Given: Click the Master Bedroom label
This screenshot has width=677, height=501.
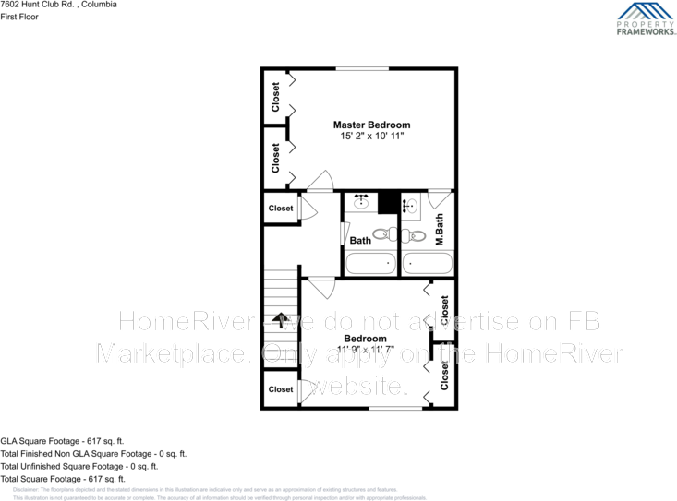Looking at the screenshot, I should click(x=371, y=125).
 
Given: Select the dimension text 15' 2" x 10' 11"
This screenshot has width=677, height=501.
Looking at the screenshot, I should click(x=371, y=137).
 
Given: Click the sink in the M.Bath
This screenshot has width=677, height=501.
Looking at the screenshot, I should click(x=410, y=206).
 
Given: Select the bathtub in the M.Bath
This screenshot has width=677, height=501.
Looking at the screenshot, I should click(x=428, y=264).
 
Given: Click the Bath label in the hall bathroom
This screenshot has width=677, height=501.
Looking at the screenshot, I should click(x=360, y=241).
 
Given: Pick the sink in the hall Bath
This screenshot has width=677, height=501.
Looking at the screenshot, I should click(x=361, y=202).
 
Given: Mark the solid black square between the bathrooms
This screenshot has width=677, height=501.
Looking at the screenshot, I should click(x=388, y=202).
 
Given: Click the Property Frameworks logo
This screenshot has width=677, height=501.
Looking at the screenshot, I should click(x=646, y=18).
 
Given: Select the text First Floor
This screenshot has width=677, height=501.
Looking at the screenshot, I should click(x=19, y=17).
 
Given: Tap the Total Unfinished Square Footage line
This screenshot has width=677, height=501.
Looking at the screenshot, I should click(x=79, y=466).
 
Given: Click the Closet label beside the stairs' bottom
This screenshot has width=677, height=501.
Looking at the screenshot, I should click(x=281, y=389).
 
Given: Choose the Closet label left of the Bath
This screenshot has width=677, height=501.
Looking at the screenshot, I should click(x=281, y=209).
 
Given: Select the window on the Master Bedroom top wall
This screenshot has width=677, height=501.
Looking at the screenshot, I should click(x=361, y=68).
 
